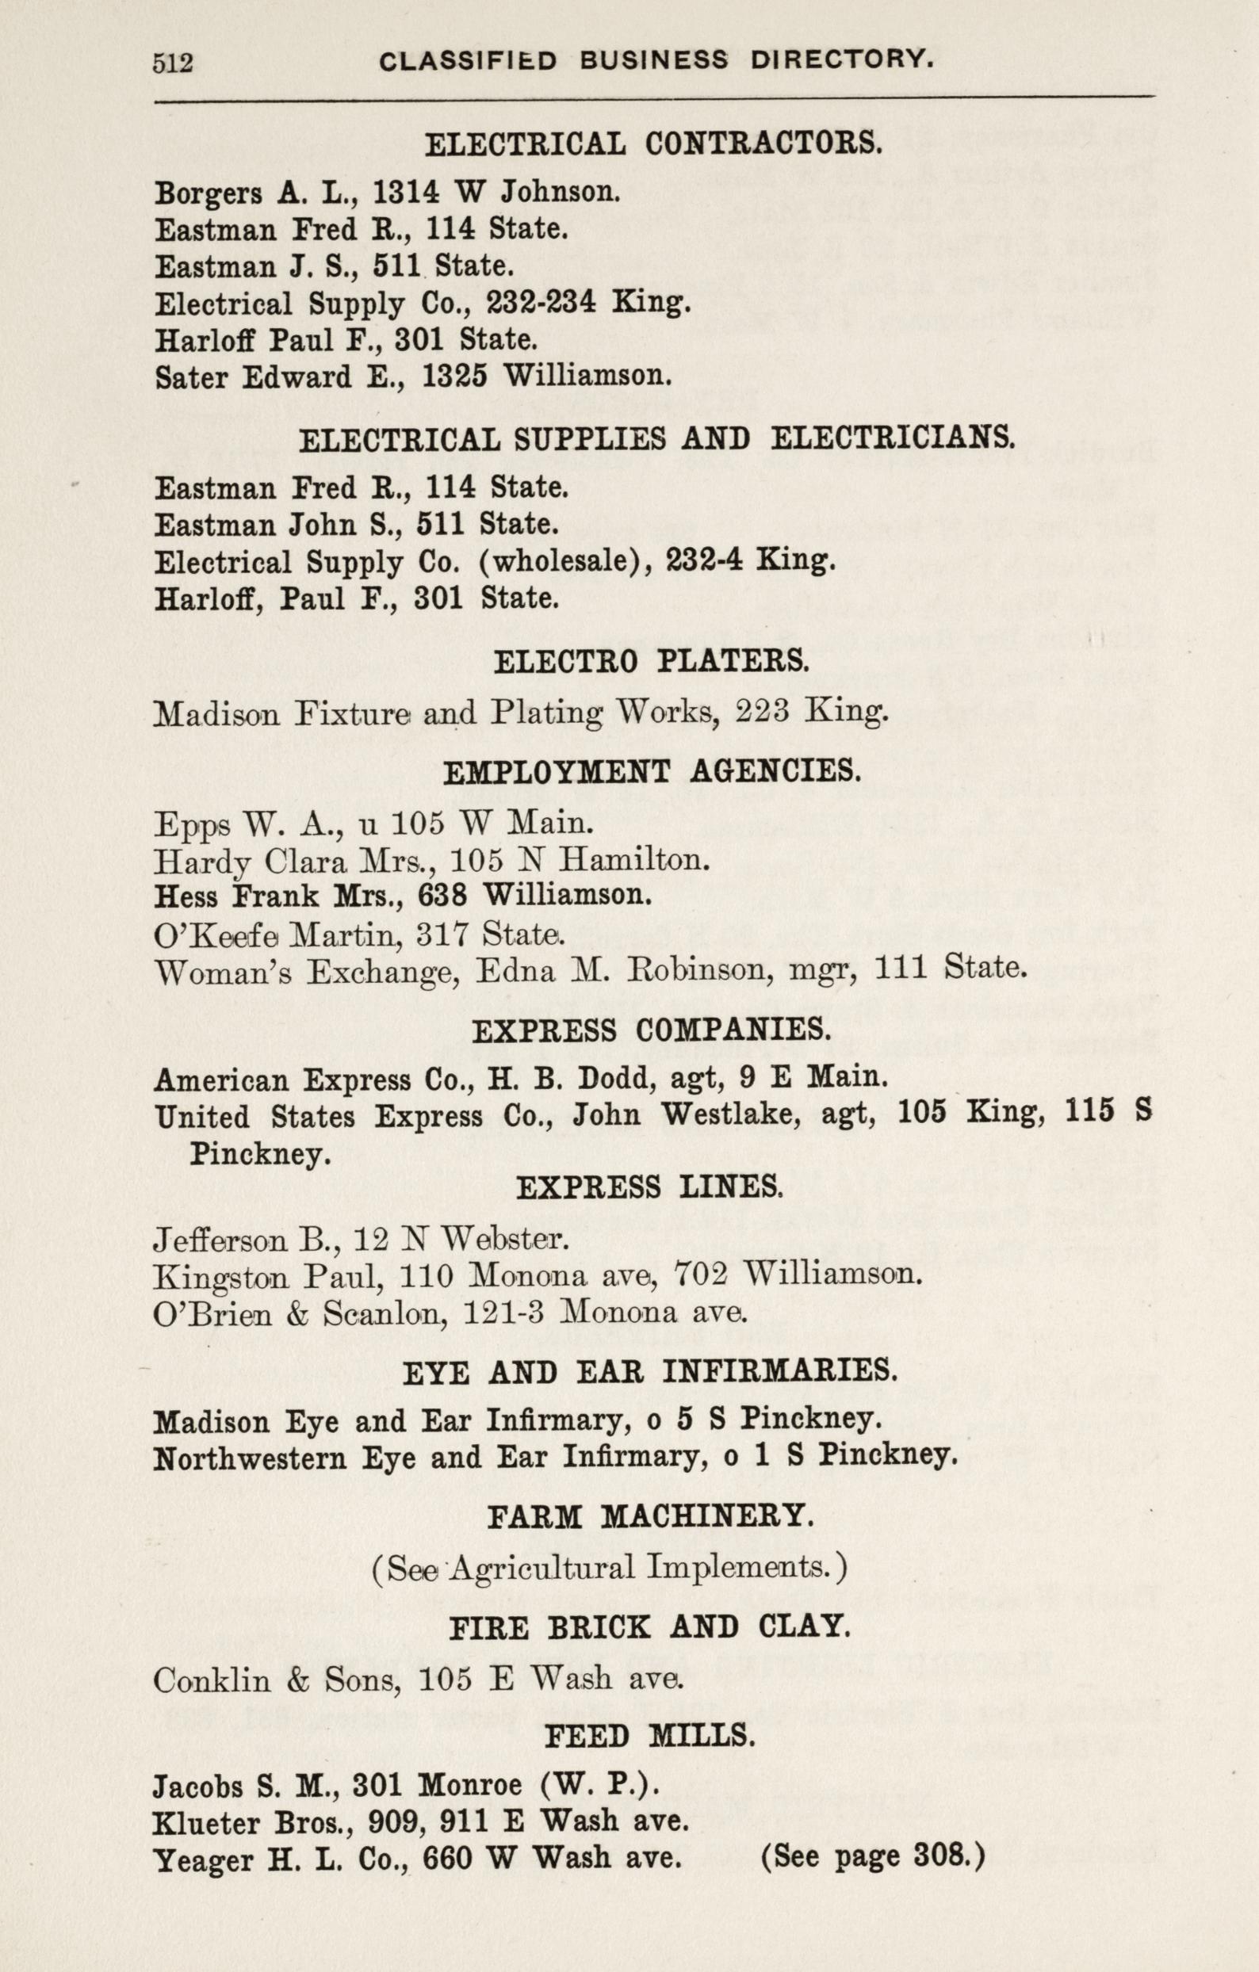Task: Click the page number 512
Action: coord(172,63)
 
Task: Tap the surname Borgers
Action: coord(208,193)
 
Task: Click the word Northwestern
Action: coord(251,1458)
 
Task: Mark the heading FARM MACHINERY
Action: coord(650,1517)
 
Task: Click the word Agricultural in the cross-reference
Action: coord(543,1570)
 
